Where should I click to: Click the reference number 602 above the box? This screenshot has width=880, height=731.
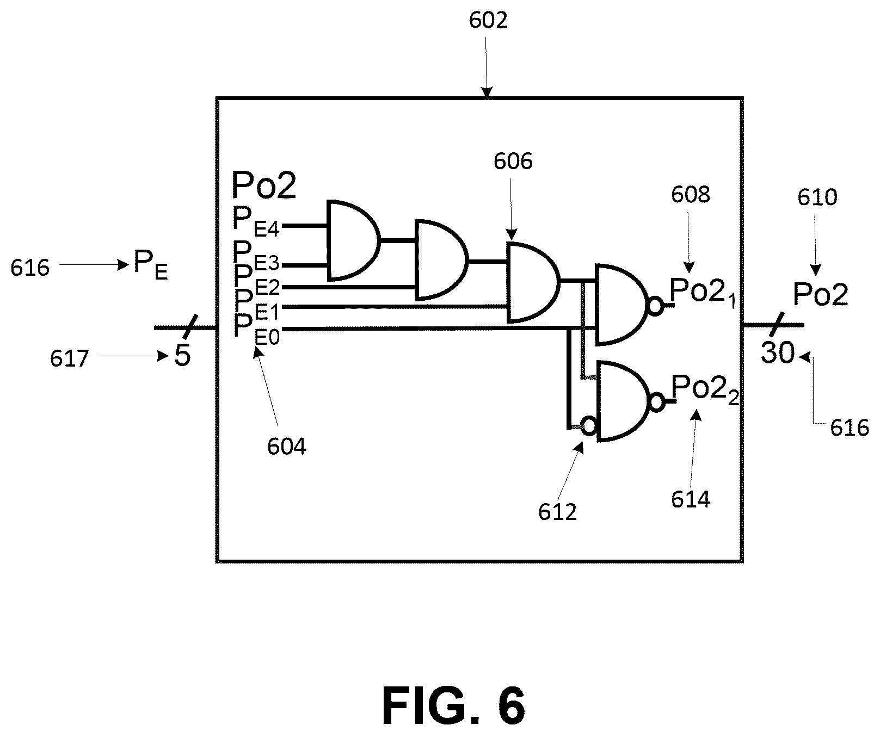coord(488,21)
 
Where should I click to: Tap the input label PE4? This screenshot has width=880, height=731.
coord(256,220)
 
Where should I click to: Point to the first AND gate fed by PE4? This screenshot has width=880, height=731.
coord(353,240)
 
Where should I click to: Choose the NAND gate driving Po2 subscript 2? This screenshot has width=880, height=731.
coord(624,400)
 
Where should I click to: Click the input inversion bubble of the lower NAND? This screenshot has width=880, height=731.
coord(589,425)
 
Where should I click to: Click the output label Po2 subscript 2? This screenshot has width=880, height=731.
coord(705,388)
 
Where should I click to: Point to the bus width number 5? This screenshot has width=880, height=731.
coord(182,356)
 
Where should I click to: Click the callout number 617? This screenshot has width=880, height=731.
coord(70,359)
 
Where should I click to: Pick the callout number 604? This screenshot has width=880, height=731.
coord(287,447)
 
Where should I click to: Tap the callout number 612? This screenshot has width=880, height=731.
coord(557,512)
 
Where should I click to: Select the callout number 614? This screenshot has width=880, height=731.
coord(691,499)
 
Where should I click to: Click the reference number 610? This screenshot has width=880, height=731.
coord(817,197)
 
